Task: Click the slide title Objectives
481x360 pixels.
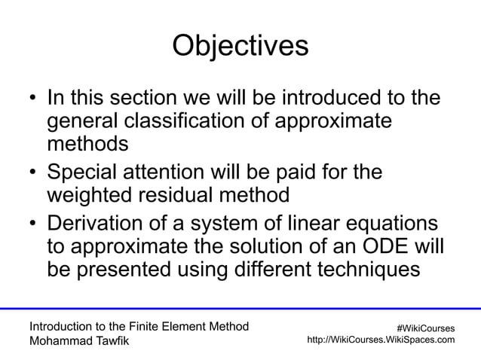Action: coord(240,46)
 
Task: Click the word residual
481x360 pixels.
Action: coord(186,195)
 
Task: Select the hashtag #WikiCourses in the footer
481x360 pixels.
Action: coord(425,328)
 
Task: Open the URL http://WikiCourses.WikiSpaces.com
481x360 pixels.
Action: coord(381,340)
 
